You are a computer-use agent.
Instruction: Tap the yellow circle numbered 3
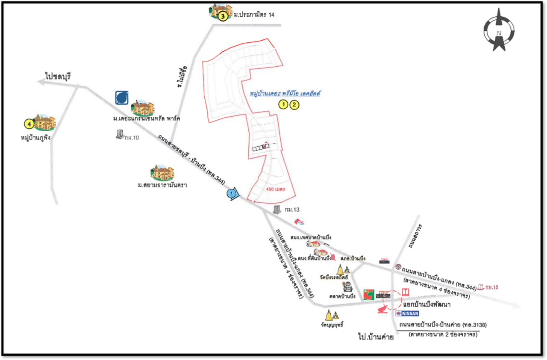(222, 16)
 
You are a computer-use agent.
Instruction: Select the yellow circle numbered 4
(29, 124)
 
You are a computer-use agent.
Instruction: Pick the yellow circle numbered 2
(294, 103)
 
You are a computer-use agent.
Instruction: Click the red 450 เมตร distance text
(275, 189)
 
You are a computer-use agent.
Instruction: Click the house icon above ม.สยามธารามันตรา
(162, 172)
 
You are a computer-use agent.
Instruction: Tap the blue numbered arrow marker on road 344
(232, 195)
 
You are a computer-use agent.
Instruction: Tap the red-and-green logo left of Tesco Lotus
(368, 294)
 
